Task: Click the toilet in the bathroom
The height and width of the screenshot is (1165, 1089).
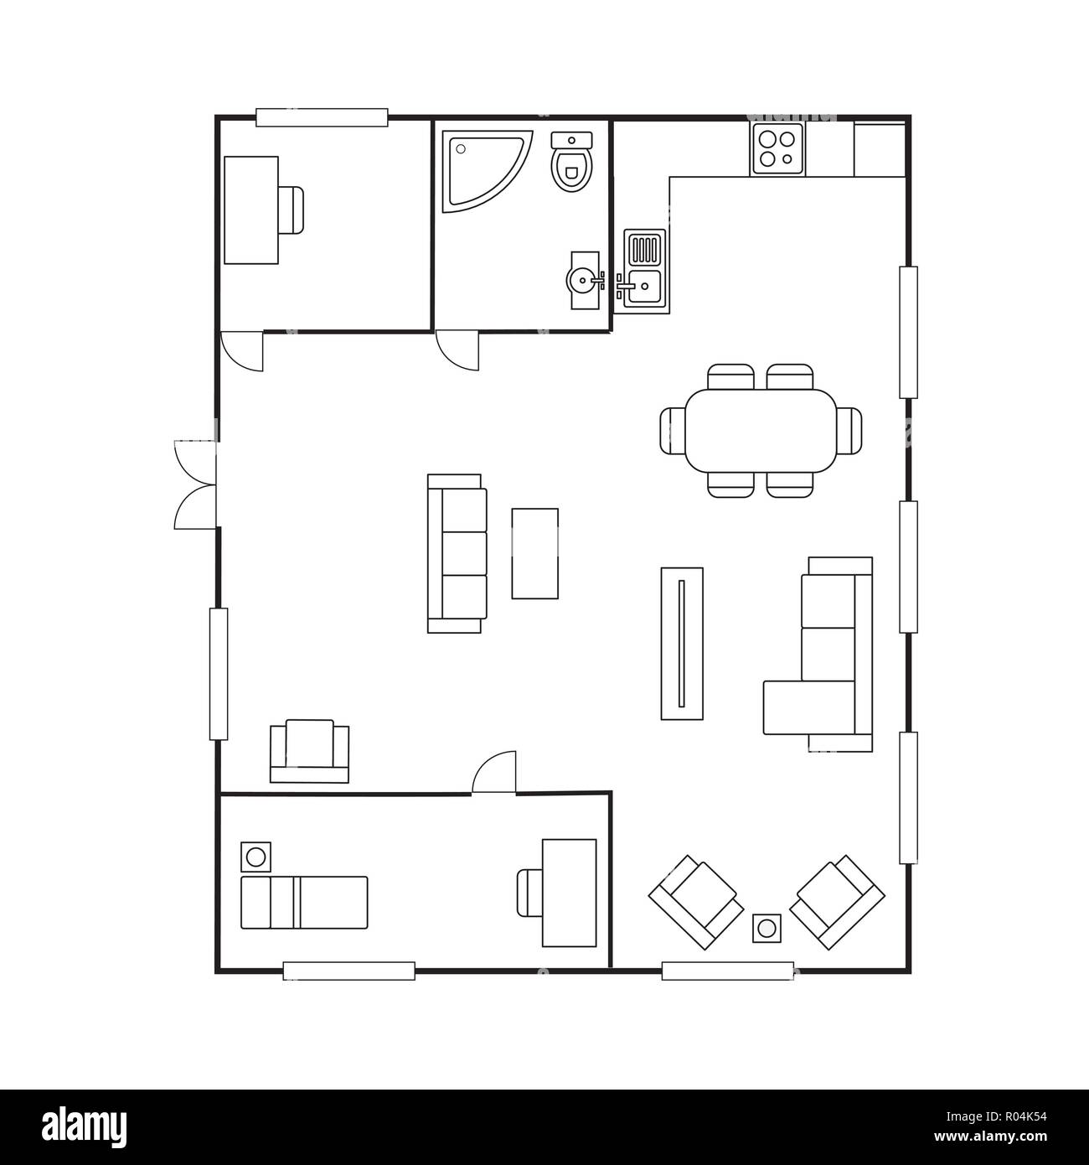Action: pos(572,161)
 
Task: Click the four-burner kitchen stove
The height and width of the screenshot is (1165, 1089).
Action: pos(777,149)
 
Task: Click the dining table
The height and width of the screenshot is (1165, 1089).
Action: pos(761,431)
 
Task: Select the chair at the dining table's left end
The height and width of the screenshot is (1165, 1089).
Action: pos(672,431)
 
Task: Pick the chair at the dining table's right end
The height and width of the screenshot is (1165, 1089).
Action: pos(849,431)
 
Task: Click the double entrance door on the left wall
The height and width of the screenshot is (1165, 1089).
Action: pos(195,484)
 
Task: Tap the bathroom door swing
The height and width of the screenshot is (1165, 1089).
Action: pos(457,350)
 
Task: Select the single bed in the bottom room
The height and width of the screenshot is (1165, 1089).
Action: pos(304,903)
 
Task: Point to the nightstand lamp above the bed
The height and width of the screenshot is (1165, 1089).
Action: pos(255,857)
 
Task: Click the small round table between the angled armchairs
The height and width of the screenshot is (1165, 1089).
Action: pos(766,928)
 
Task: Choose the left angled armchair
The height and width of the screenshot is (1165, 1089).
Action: pos(696,903)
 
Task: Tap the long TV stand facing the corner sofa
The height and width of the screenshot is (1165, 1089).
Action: pos(682,644)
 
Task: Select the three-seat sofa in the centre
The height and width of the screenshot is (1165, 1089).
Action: pos(457,554)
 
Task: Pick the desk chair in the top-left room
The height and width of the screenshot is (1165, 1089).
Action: pos(291,210)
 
